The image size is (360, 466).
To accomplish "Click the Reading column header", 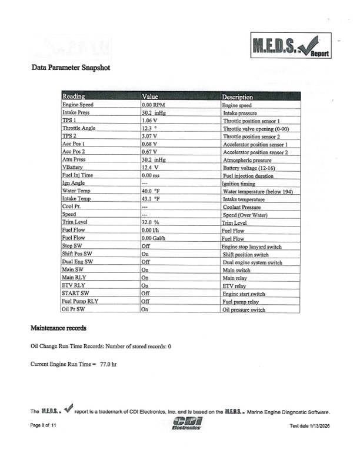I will click(74, 96).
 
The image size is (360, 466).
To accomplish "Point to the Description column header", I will click(238, 96).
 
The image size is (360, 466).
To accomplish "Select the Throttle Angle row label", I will click(79, 128).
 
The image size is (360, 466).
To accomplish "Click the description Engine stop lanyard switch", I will click(252, 247).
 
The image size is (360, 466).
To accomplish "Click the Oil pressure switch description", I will click(244, 309).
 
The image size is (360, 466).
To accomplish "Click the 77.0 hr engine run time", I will click(108, 365).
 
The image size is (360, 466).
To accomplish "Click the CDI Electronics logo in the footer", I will click(187, 424).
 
